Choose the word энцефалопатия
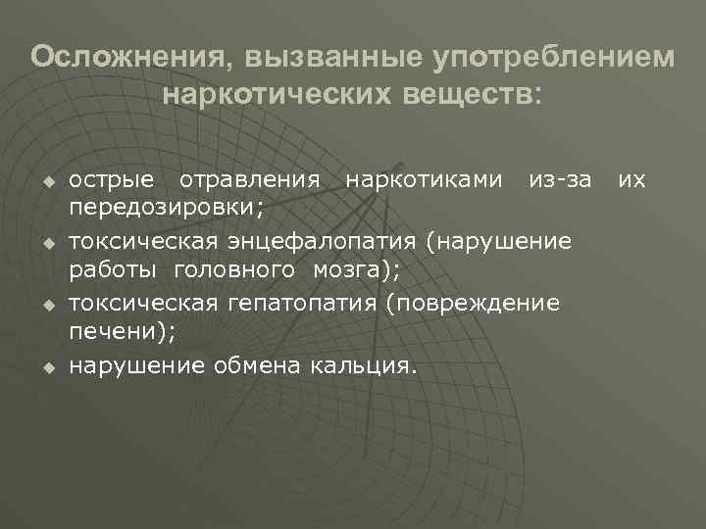click(x=323, y=241)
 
